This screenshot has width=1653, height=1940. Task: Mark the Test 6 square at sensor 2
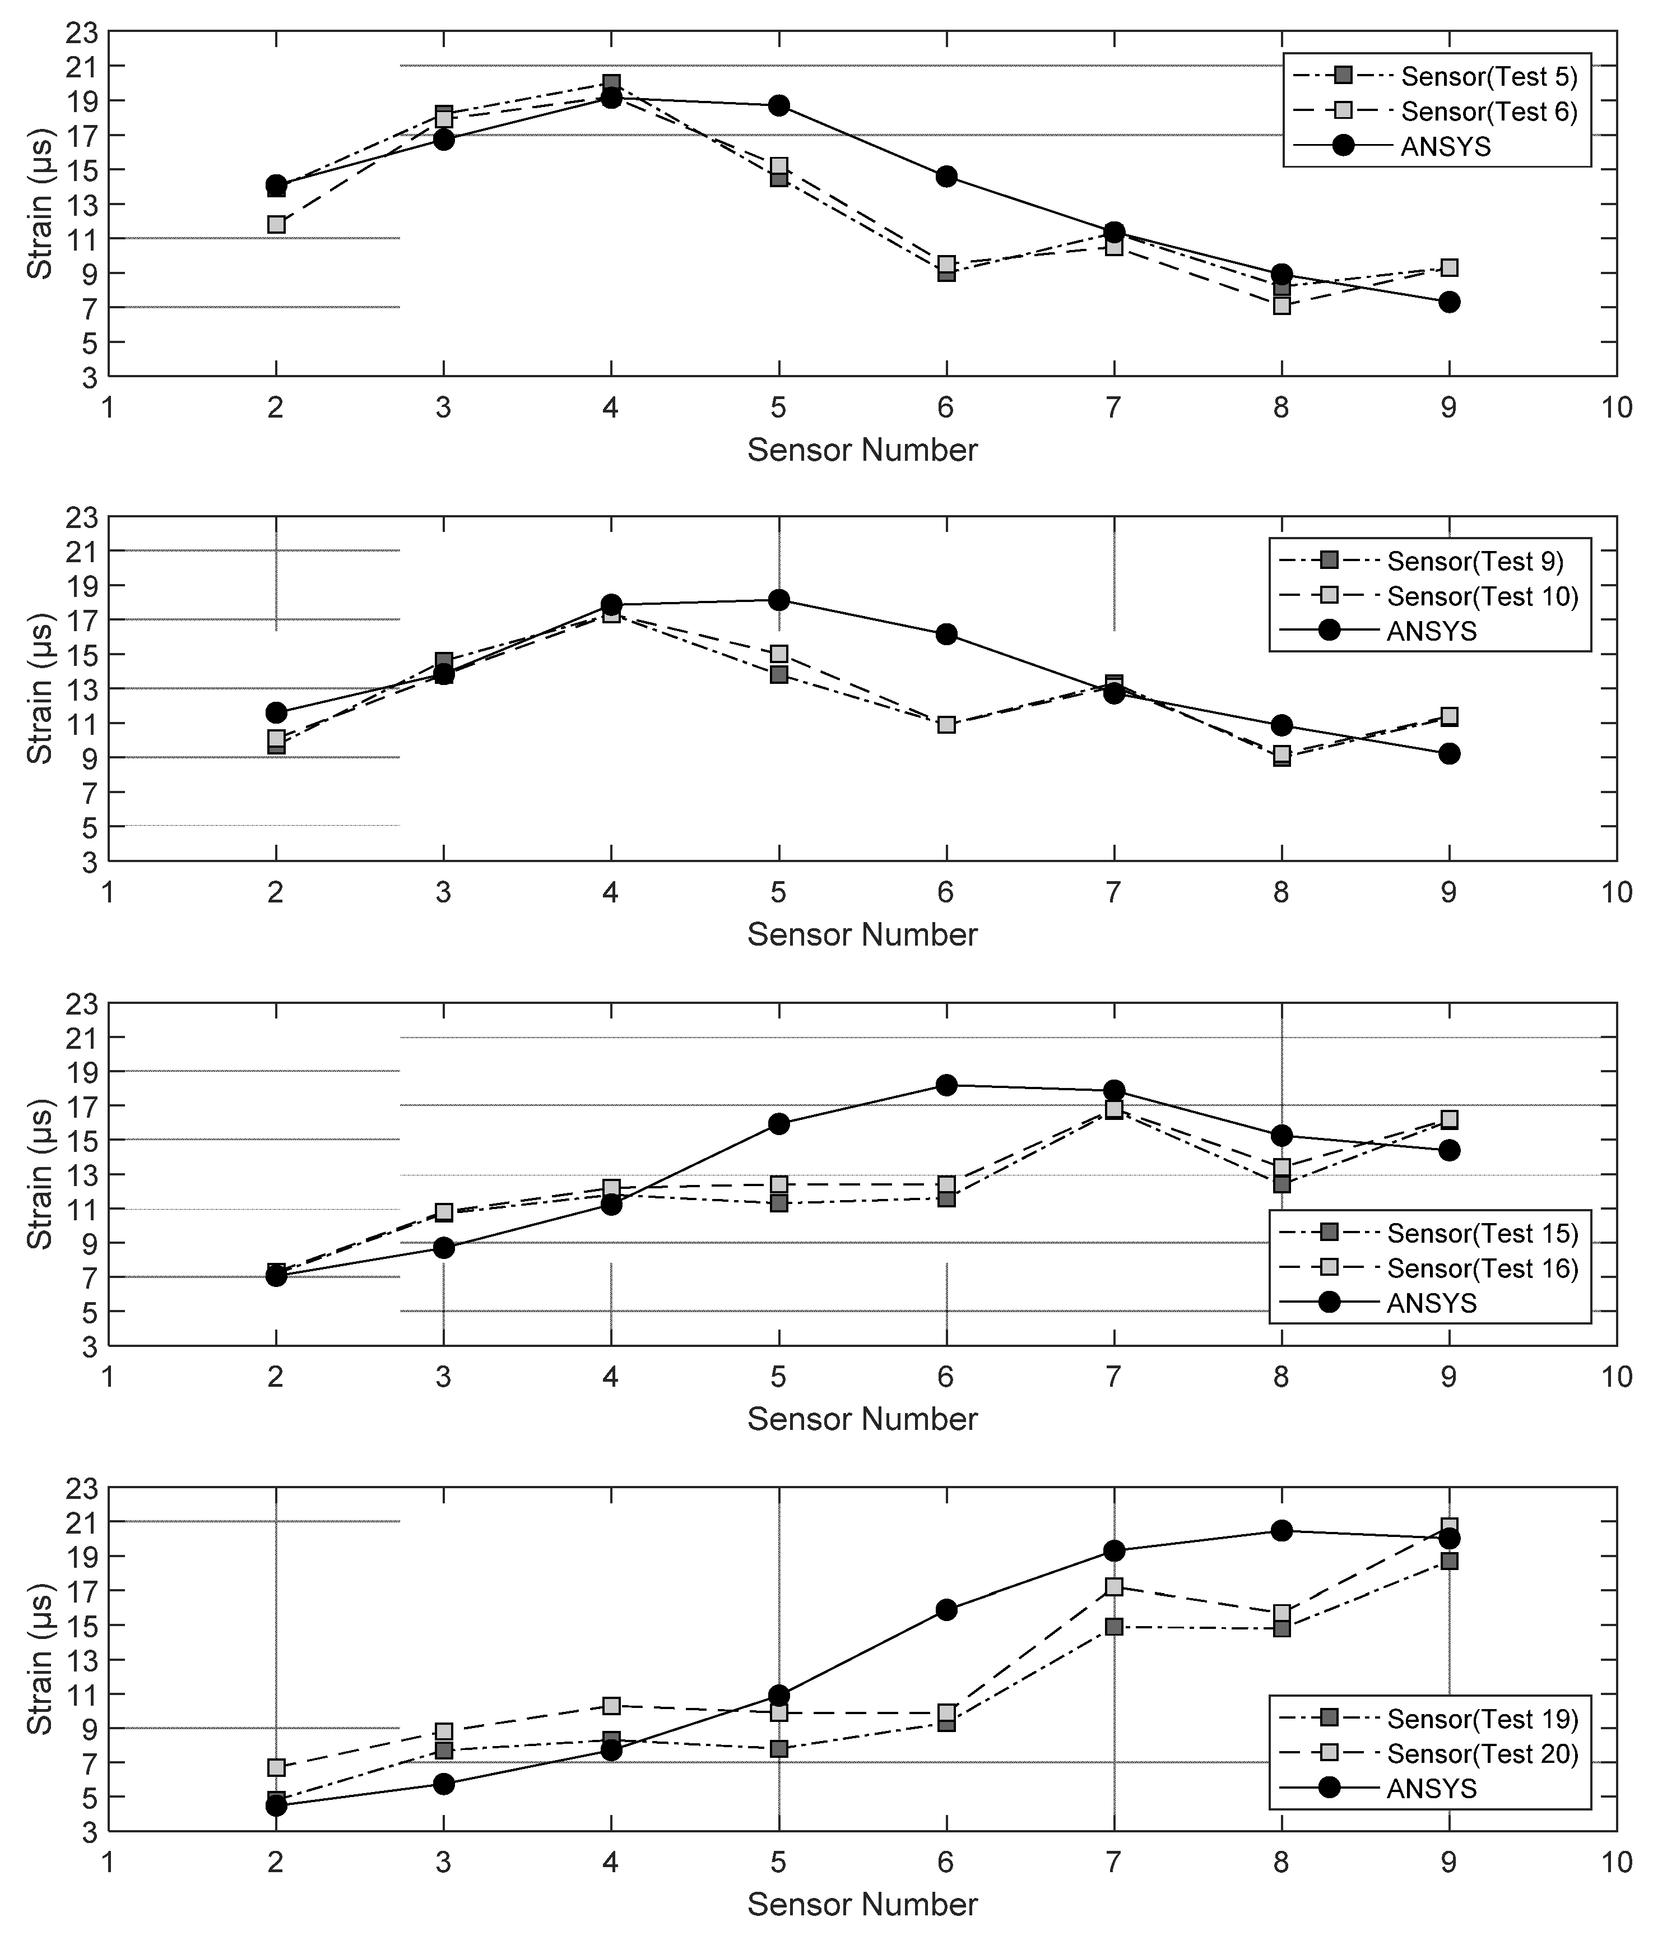click(276, 225)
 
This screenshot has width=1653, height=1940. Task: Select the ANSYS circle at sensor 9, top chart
click(1449, 302)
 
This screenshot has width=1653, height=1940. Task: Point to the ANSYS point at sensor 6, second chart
click(946, 634)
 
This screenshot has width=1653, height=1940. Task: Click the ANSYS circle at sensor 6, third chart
click(946, 1085)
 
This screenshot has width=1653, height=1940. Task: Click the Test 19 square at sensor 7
click(1114, 1627)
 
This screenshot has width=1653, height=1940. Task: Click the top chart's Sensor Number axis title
click(862, 450)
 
